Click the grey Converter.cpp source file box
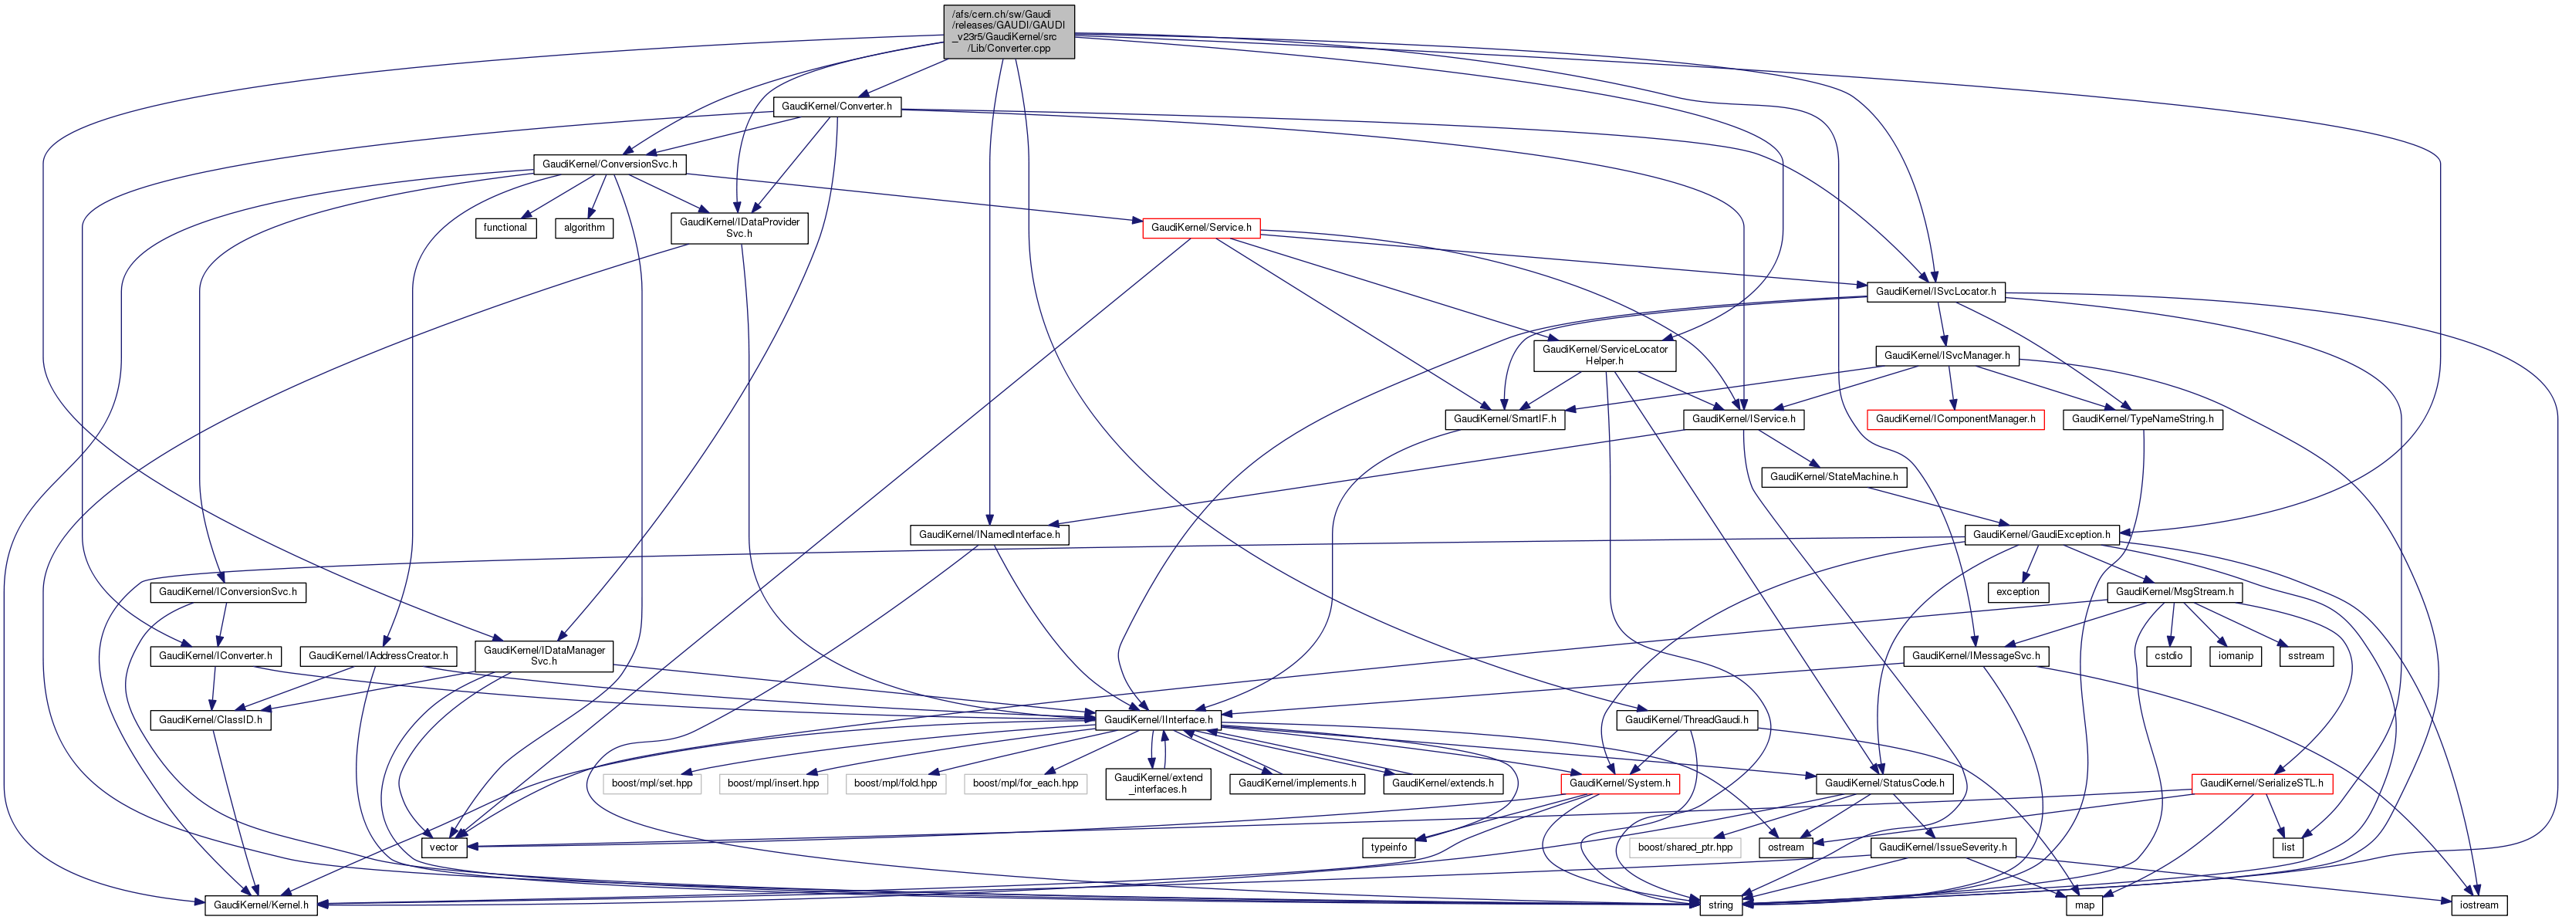[1009, 31]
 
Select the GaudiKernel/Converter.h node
[837, 107]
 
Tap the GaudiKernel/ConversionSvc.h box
[610, 164]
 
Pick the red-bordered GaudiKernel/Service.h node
[1201, 228]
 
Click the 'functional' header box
[505, 228]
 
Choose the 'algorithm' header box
[584, 228]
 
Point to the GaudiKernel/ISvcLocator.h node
[1935, 292]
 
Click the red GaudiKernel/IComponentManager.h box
[1955, 419]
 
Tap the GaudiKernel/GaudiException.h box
[2041, 534]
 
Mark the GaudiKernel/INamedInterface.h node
[989, 534]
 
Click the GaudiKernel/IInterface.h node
[1158, 719]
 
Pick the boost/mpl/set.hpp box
[651, 783]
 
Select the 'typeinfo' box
[1388, 847]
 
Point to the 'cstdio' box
[2168, 655]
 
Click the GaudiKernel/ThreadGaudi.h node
[1686, 719]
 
